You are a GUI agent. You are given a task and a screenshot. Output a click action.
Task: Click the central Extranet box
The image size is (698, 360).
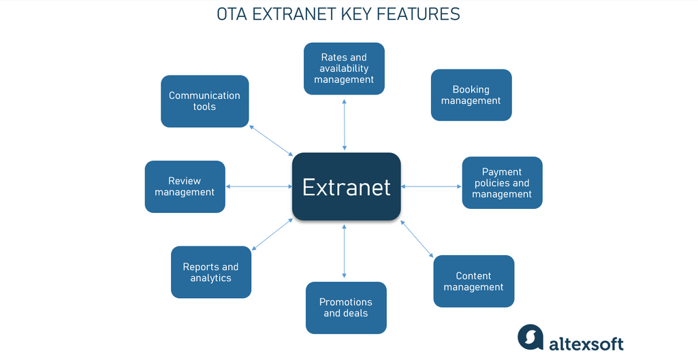pos(346,186)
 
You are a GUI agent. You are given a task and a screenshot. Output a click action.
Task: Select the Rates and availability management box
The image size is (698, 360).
pos(344,69)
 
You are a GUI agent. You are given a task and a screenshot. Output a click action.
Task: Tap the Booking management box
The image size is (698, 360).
pos(471,95)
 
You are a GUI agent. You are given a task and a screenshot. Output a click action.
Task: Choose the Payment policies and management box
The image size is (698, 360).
pos(502,183)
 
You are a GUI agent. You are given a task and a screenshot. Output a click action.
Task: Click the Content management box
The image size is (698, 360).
pos(473,281)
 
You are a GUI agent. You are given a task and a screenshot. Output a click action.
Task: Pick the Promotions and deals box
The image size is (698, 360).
pos(346,308)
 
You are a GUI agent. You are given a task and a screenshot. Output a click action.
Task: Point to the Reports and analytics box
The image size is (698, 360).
pos(210,272)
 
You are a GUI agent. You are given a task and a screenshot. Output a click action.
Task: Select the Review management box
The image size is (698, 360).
pos(185,186)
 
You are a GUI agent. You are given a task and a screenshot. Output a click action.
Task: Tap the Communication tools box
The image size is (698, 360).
pos(204,101)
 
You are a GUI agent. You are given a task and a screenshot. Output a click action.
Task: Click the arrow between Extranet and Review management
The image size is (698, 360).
pos(259,186)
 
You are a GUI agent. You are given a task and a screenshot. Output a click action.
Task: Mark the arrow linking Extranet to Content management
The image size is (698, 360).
pos(417,238)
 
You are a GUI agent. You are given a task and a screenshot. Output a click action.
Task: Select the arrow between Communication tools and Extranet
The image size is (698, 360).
pos(271,141)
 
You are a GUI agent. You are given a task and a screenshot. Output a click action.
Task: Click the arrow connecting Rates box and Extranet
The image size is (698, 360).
pos(345,123)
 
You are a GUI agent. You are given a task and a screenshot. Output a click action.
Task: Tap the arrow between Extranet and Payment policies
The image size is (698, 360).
pos(431,186)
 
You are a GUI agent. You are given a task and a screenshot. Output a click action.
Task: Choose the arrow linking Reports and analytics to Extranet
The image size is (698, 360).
pos(272,233)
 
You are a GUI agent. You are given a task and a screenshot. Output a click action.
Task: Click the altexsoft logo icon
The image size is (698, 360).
pos(530,337)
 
